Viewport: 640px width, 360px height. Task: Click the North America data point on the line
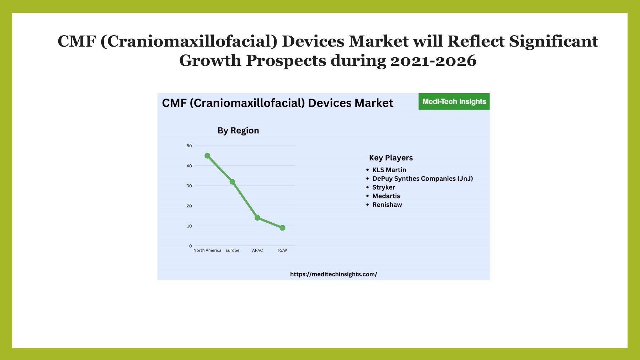tap(207, 156)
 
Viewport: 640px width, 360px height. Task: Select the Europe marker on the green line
tap(233, 182)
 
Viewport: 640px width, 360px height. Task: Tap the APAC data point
tap(257, 218)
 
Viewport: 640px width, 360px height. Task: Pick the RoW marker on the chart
tap(282, 228)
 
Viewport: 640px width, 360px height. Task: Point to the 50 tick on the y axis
tap(189, 146)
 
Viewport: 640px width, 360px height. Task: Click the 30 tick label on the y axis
tap(189, 186)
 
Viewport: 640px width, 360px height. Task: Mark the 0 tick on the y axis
tap(191, 246)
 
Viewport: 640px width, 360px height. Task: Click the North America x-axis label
tap(207, 250)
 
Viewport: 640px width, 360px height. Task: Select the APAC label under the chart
tap(257, 250)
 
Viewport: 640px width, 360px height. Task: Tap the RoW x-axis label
tap(282, 250)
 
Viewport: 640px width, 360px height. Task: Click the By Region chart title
tap(238, 131)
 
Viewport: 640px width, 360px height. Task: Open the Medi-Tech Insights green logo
tap(454, 102)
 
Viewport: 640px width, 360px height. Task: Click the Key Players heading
tap(391, 158)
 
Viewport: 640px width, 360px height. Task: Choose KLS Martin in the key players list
tap(389, 170)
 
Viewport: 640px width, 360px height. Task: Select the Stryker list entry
tap(384, 187)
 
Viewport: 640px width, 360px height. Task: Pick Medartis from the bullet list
tap(386, 196)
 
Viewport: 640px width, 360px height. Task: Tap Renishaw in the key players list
tap(387, 205)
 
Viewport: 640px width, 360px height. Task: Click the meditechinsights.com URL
tap(334, 274)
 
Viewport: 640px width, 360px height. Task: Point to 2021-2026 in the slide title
tap(433, 60)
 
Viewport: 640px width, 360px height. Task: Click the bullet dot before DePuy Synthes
tap(368, 179)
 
